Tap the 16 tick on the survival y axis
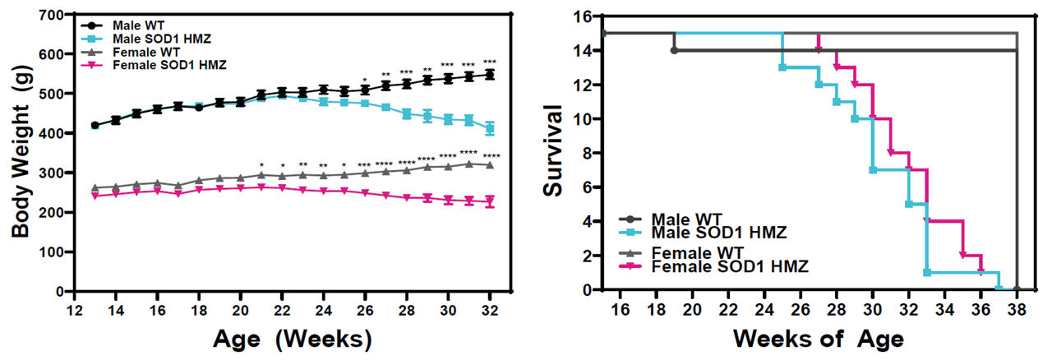point(585,16)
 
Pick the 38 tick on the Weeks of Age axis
point(1017,307)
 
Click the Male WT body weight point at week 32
point(490,75)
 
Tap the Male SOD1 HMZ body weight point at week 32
point(490,128)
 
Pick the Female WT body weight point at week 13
point(95,188)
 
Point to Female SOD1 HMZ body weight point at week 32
point(490,201)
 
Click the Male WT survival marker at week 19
point(675,50)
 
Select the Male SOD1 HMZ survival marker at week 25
point(782,67)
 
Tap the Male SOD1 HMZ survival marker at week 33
point(926,272)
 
